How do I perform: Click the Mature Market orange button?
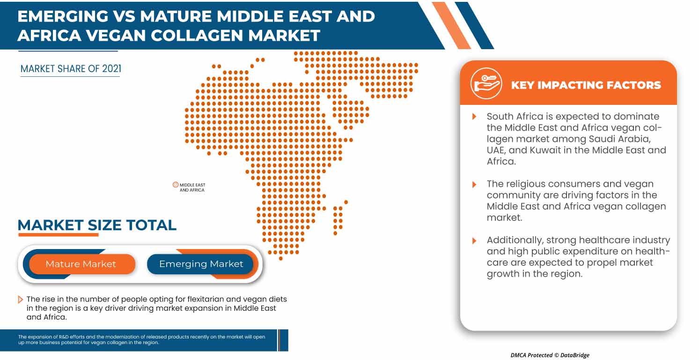(81, 264)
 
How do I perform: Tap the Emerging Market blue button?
(201, 264)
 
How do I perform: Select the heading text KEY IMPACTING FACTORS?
(586, 85)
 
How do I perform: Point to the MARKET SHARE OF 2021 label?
(71, 69)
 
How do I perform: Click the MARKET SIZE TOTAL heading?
(97, 225)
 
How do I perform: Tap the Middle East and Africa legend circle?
(176, 185)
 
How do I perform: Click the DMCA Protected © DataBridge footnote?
(550, 355)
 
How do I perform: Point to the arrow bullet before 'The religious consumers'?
(474, 184)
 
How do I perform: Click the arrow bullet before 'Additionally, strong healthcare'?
(474, 241)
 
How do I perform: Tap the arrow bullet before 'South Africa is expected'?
(474, 117)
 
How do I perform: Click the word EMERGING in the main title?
(62, 16)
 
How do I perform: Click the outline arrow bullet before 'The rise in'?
(20, 300)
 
